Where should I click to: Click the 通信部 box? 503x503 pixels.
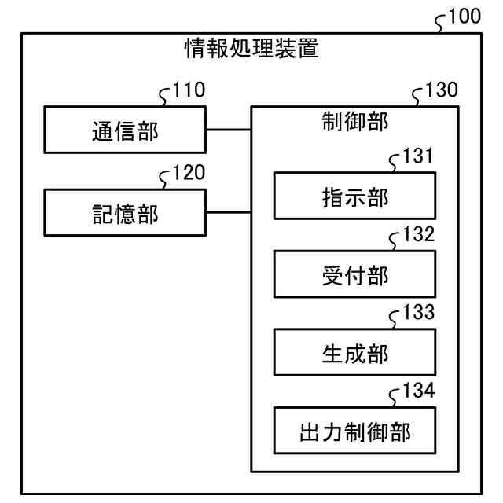pyautogui.click(x=124, y=130)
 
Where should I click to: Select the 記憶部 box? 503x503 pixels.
pyautogui.click(x=124, y=211)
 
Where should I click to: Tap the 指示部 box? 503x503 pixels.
pyautogui.click(x=354, y=195)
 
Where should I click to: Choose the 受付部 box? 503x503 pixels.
pyautogui.click(x=354, y=274)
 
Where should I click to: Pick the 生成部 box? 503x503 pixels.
pyautogui.click(x=354, y=351)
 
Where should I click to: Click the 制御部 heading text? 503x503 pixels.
pyautogui.click(x=354, y=122)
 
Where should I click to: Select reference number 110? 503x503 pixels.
pyautogui.click(x=189, y=90)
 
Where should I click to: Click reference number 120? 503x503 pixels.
pyautogui.click(x=189, y=172)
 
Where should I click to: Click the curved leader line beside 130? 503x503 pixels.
pyautogui.click(x=417, y=97)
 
